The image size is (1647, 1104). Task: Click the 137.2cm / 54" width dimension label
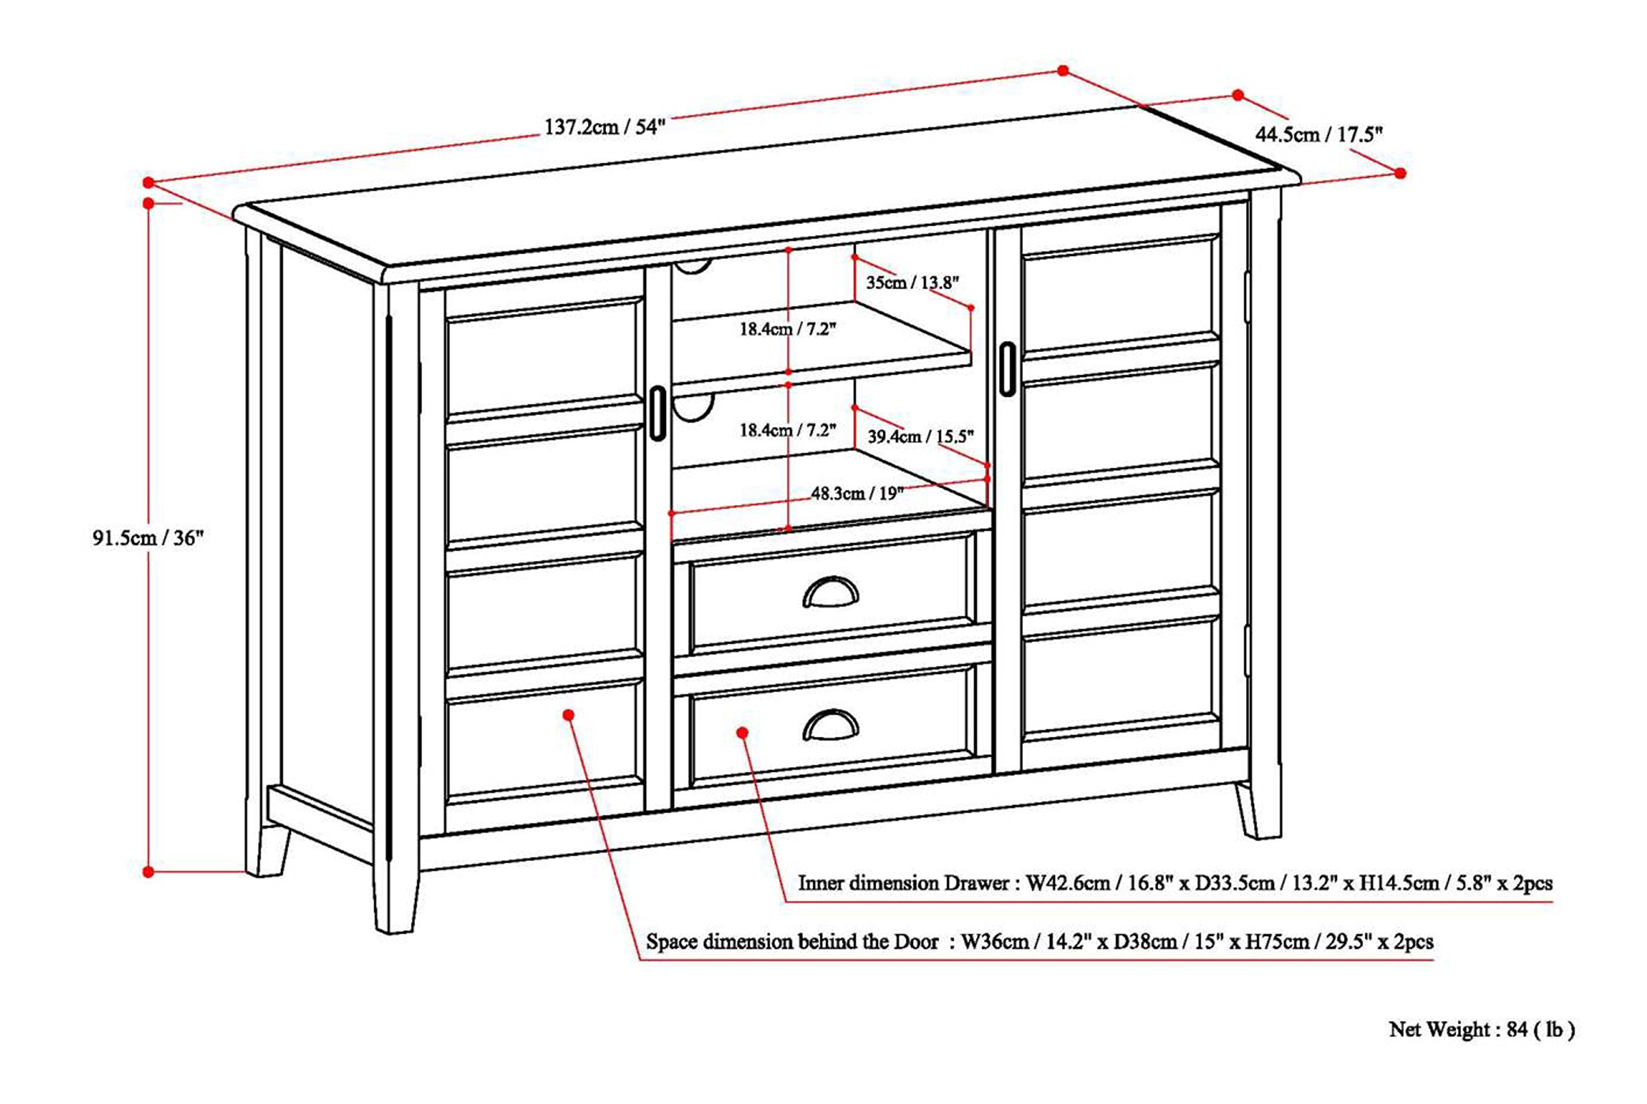604,127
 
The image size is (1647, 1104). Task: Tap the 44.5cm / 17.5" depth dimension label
1318,134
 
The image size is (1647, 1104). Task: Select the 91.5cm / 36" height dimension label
148,538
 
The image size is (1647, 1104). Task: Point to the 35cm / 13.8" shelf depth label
912,283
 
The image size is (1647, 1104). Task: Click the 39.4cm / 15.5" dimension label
919,437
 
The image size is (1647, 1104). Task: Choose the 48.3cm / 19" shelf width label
856,493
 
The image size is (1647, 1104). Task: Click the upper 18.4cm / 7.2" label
787,329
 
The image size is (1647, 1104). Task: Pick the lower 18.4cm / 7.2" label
787,430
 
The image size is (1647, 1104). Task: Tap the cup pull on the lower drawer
830,725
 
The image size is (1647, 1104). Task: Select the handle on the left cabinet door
657,413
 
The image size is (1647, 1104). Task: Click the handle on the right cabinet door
1007,369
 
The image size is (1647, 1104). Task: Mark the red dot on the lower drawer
741,733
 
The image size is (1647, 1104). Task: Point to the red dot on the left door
568,715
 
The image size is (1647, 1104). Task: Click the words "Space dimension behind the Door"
791,942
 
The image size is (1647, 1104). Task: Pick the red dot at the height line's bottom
148,872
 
